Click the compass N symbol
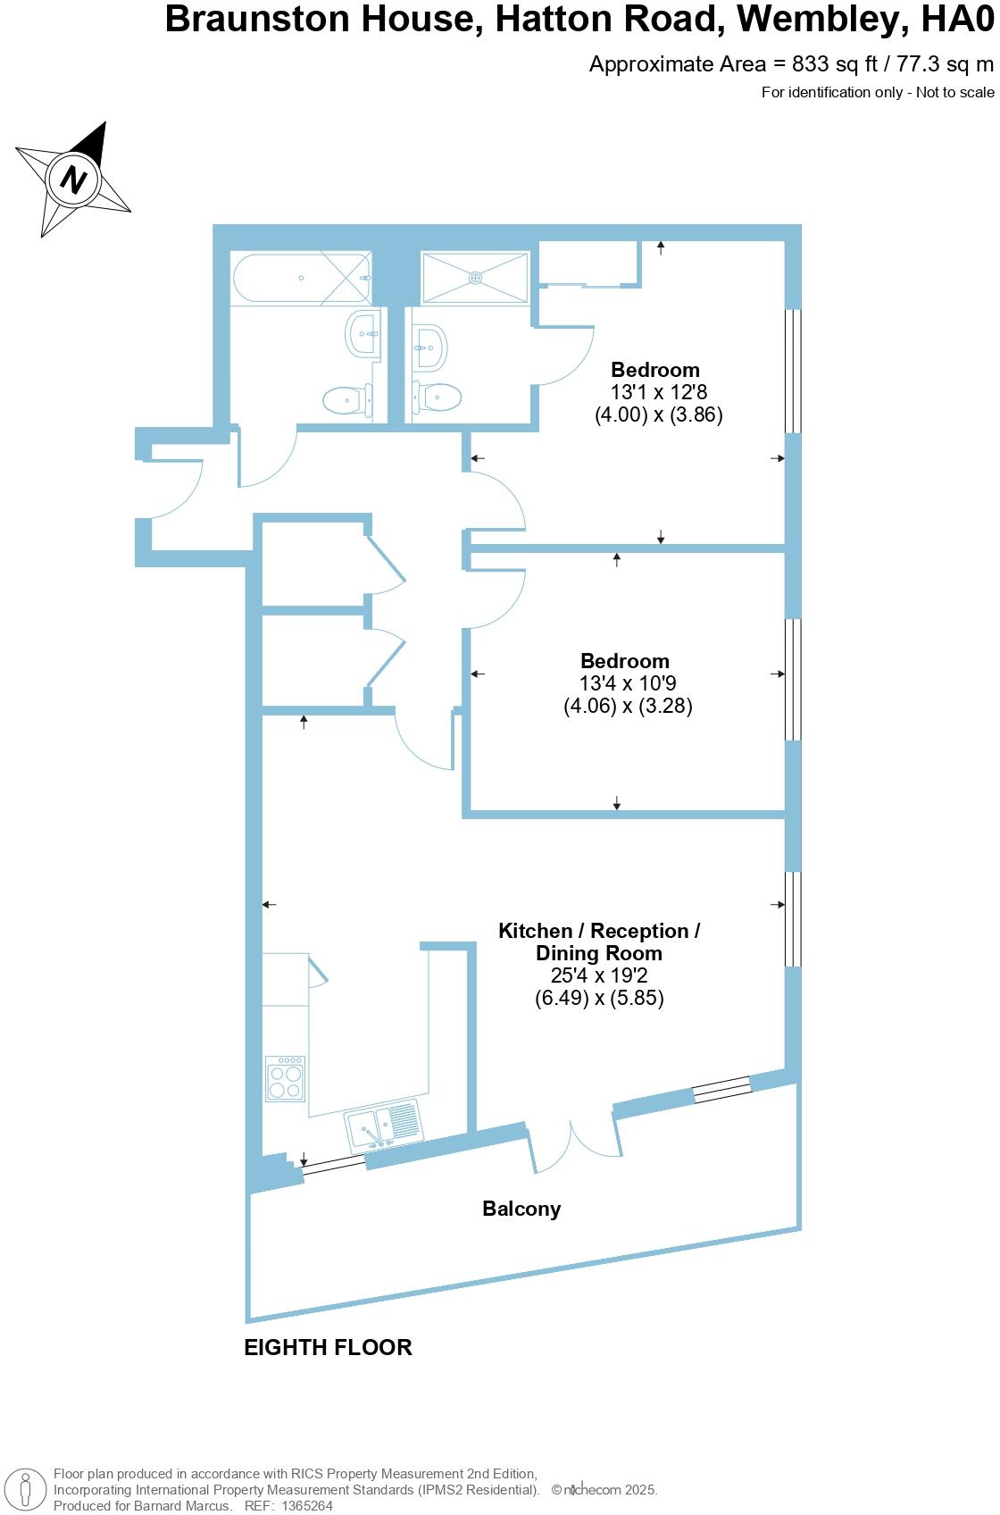74,180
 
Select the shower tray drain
476,278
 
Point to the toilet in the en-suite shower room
437,396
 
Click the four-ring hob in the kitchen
286,1078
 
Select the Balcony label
521,1209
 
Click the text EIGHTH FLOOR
328,1347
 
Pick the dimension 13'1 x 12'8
658,392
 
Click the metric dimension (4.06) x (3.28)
628,706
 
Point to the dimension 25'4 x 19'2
598,976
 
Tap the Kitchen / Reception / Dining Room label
599,942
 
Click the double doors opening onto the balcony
572,1142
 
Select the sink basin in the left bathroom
364,334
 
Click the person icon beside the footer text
26,1489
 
